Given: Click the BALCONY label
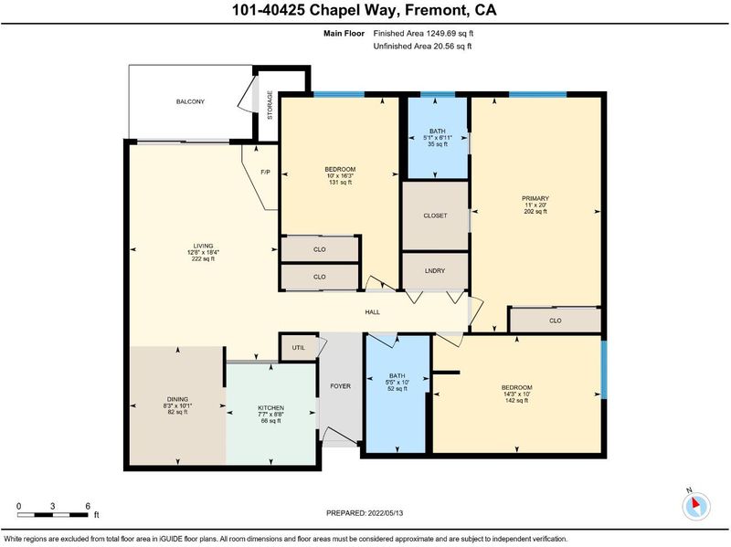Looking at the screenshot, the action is [190, 101].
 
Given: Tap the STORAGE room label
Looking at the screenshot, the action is [270, 105].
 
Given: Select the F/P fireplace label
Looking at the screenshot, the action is [265, 173].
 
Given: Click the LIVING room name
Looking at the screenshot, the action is [203, 246].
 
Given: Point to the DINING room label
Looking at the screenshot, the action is [177, 399].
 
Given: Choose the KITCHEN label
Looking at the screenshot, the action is [270, 408].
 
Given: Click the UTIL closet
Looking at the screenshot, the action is [299, 348].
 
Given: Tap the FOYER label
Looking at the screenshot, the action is [340, 386].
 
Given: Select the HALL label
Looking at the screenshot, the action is [373, 312].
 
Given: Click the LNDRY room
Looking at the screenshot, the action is [435, 270].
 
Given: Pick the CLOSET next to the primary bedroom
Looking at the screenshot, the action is [436, 216].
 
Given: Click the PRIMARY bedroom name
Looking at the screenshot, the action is [535, 198].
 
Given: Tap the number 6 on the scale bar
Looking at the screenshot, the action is [88, 507].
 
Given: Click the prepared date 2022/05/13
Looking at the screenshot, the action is [386, 513].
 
